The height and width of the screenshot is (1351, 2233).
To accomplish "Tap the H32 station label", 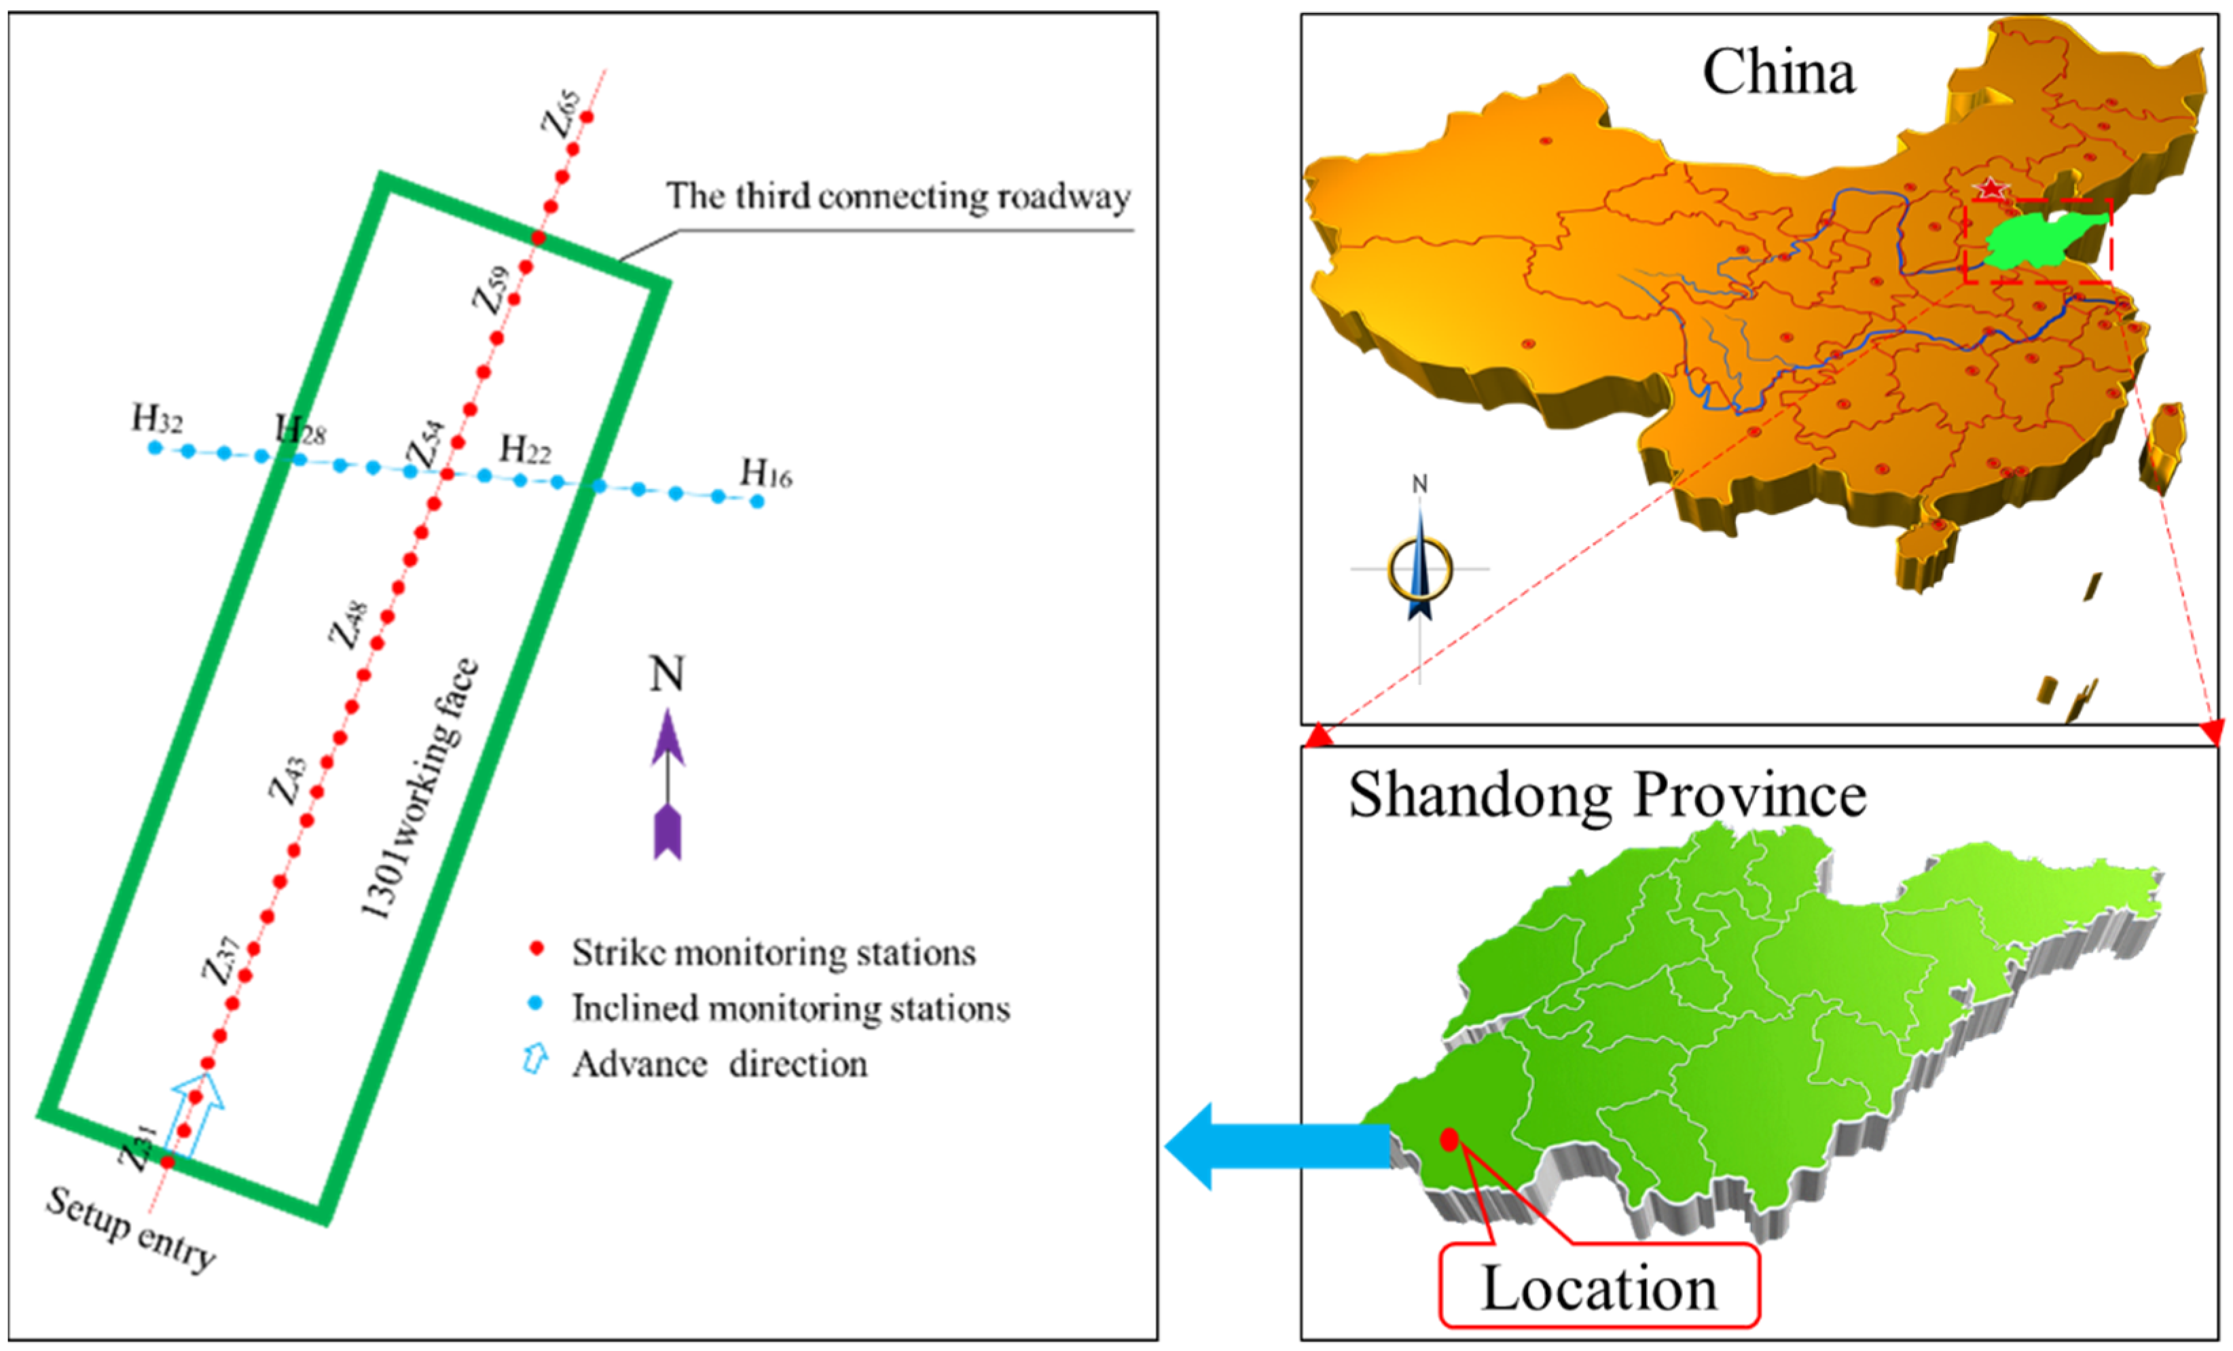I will pos(157,420).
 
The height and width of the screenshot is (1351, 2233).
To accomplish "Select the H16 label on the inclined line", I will pos(766,473).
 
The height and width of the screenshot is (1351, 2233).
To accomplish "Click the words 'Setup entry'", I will pos(130,1229).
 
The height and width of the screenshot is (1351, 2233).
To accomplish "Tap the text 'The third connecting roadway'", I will pos(898,196).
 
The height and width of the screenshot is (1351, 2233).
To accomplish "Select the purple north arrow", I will pos(668,783).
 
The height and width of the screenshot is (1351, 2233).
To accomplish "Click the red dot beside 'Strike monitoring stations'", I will pos(537,949).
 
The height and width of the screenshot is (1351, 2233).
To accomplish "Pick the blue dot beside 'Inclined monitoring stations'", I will pos(536,1003).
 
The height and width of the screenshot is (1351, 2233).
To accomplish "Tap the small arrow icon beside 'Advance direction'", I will pos(536,1058).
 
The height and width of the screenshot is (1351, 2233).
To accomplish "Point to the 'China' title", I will pos(1778,73).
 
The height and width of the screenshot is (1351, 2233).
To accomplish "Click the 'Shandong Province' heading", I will pos(1607,795).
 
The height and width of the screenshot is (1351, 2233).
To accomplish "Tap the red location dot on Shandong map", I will pos(1449,1140).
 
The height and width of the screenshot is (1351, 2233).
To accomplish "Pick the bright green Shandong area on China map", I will pos(2039,240).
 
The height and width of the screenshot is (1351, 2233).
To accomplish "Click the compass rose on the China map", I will pos(1419,569).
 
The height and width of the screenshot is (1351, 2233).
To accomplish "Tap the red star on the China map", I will pos(1990,188).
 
